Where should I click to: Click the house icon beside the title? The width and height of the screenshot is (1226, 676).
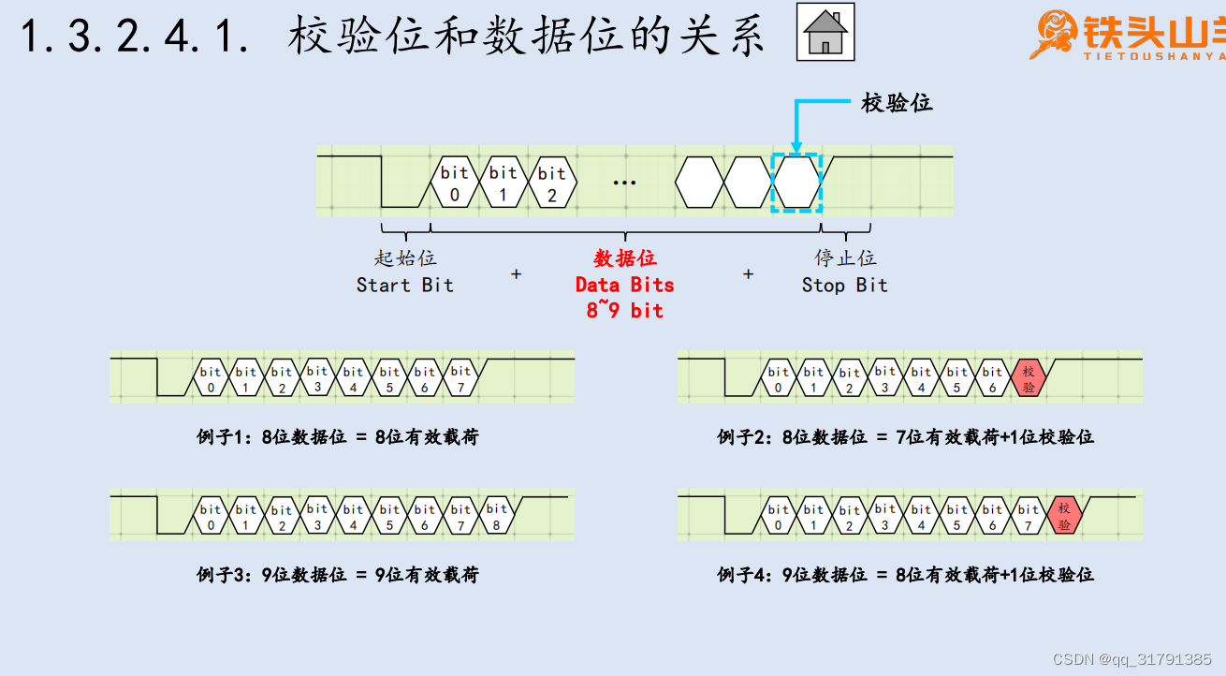click(825, 33)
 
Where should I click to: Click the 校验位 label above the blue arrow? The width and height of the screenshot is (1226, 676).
click(897, 103)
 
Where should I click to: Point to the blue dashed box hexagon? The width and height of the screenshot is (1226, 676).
click(795, 182)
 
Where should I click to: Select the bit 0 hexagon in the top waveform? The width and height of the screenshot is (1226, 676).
click(455, 182)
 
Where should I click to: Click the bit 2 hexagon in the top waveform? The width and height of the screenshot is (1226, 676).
click(552, 182)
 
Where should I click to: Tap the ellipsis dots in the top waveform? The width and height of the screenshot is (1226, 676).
click(624, 183)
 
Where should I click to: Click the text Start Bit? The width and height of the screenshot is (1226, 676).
click(404, 285)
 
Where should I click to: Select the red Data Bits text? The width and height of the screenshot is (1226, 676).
click(624, 285)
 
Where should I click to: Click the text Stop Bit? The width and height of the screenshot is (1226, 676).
click(844, 285)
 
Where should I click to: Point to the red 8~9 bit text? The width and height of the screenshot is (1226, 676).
click(624, 311)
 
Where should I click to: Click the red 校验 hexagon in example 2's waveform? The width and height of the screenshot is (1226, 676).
click(1029, 376)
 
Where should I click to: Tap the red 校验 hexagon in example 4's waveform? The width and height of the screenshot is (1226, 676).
click(1064, 515)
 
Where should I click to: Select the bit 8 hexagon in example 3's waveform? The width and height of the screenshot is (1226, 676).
click(496, 515)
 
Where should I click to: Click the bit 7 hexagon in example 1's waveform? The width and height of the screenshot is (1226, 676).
click(460, 376)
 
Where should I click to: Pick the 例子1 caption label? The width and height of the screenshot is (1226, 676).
click(337, 436)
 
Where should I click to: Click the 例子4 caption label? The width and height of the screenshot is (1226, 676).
click(905, 574)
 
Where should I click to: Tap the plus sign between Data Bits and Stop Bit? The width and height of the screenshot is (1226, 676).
click(748, 274)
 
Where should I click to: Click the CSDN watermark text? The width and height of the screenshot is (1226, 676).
click(1131, 659)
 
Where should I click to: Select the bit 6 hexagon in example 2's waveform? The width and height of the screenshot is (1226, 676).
click(992, 376)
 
